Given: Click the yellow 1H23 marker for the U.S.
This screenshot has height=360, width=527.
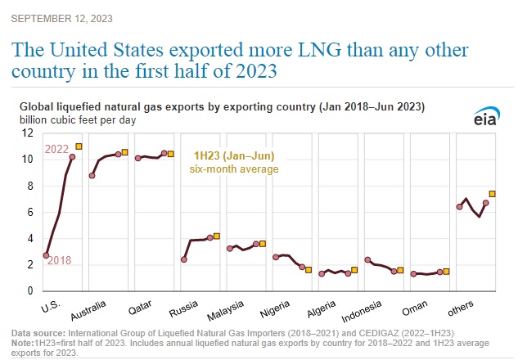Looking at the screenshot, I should [x=79, y=146].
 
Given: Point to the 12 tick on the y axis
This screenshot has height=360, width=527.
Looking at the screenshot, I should [x=28, y=133].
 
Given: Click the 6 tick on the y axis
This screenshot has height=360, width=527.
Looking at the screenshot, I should [x=30, y=212].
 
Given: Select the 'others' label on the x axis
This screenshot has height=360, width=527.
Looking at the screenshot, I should [x=468, y=312].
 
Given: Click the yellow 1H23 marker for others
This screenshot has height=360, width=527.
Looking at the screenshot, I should [x=492, y=194].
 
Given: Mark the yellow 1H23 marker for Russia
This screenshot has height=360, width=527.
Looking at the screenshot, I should [x=217, y=236].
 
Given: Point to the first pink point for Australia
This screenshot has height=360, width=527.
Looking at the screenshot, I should [x=92, y=175].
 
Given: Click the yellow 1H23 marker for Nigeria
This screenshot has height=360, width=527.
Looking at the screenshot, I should [x=309, y=269].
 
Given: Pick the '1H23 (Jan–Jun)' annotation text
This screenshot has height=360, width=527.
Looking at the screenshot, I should [x=234, y=155].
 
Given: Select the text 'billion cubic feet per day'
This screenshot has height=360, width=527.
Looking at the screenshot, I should [x=77, y=119].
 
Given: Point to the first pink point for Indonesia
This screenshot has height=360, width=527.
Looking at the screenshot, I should [x=367, y=260].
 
